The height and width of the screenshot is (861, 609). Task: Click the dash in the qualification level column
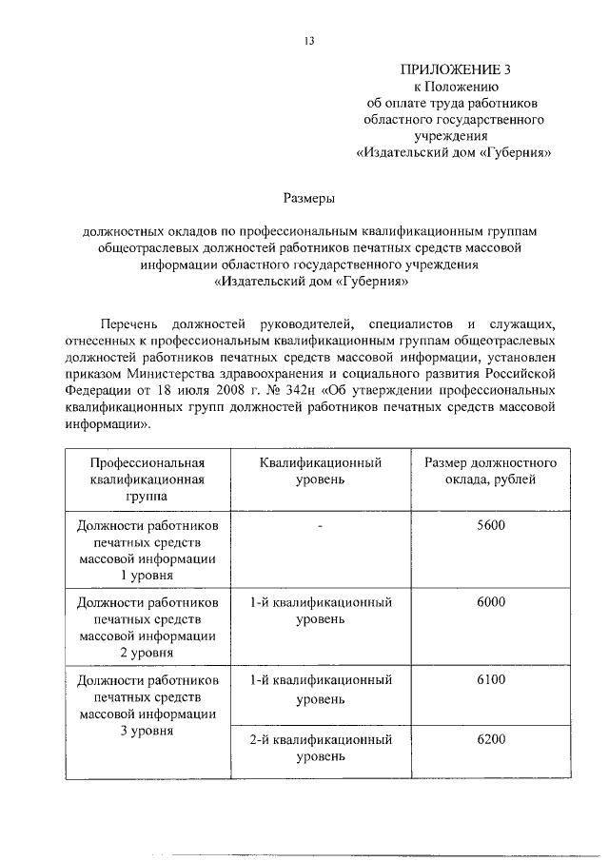[323, 525]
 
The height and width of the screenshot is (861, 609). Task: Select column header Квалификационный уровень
[323, 471]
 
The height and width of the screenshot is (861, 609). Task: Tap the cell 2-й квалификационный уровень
[323, 749]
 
